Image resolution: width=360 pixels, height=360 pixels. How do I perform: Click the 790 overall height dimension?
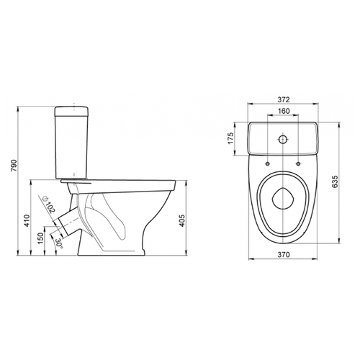click(x=14, y=165)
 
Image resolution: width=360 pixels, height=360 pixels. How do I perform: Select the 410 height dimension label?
click(x=27, y=220)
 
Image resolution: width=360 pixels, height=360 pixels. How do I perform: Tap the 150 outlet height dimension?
click(x=40, y=238)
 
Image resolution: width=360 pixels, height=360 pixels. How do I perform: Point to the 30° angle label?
click(x=59, y=243)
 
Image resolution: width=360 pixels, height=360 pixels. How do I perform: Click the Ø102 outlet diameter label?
click(x=49, y=204)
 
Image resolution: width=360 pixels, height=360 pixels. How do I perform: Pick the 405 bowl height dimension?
click(x=182, y=220)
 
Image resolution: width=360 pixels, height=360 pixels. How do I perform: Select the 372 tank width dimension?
click(x=284, y=99)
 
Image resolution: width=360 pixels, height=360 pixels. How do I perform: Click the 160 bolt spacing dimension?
click(x=284, y=111)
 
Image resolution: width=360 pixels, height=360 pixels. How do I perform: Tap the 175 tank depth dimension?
click(x=230, y=138)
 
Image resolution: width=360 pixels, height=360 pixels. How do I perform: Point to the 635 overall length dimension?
click(x=335, y=181)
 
